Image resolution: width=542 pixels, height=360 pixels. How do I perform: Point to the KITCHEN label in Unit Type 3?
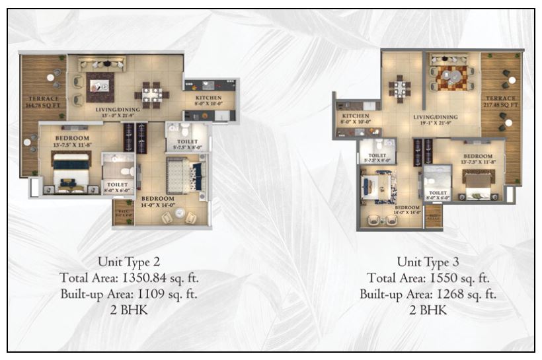click(x=356, y=115)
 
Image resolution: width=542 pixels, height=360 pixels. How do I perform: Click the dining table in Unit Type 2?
click(x=151, y=94)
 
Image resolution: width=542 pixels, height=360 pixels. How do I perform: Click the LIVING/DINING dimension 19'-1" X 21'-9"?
click(x=436, y=124)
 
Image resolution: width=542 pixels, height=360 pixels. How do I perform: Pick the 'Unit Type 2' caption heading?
click(x=129, y=261)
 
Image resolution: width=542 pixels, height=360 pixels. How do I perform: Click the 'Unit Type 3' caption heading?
click(x=428, y=261)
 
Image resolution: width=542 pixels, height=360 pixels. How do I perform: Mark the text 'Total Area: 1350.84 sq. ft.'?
click(x=129, y=277)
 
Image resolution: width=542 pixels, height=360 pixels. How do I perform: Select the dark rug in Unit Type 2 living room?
click(x=100, y=86)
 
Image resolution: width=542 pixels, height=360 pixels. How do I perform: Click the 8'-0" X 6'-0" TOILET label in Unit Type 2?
click(x=118, y=188)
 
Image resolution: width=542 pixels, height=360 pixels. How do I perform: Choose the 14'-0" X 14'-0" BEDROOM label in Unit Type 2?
click(x=158, y=201)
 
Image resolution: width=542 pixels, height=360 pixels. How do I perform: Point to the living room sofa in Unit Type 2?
click(x=101, y=64)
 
